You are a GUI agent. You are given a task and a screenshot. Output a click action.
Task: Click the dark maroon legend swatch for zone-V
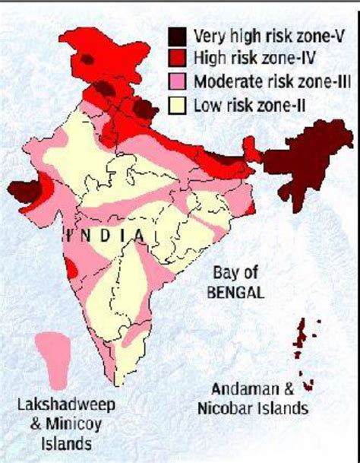coord(178,36)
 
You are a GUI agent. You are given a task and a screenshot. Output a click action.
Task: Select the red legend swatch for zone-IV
coord(178,56)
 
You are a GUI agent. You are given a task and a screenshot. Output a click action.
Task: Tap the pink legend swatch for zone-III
coord(178,80)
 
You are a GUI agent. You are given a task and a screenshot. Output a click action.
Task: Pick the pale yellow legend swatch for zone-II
coord(178,102)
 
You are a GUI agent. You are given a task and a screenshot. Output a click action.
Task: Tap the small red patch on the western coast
coord(70,268)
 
